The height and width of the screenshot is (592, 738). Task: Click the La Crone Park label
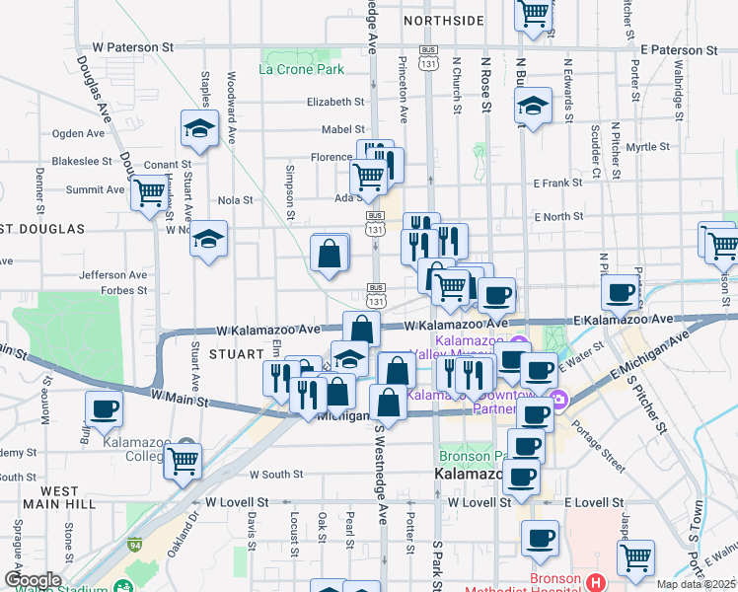[x=301, y=69]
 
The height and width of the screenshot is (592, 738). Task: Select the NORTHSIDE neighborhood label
[x=443, y=20]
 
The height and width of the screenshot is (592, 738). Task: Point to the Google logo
[x=32, y=580]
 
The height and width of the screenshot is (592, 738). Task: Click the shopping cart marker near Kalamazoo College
[x=184, y=459]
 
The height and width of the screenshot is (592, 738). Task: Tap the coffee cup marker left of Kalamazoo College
[x=104, y=407]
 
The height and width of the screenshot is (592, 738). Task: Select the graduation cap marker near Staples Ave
[x=199, y=127]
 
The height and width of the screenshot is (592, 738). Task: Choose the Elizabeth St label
[x=335, y=102]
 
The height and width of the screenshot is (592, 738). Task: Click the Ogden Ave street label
[x=79, y=133]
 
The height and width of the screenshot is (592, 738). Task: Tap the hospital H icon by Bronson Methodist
[x=594, y=581]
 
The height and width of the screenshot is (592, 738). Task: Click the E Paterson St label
[x=678, y=49]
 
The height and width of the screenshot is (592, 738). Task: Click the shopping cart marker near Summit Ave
[x=149, y=192]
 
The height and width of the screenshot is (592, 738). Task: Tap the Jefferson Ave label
[x=113, y=275]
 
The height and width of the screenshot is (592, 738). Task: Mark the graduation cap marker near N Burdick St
[x=533, y=106]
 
